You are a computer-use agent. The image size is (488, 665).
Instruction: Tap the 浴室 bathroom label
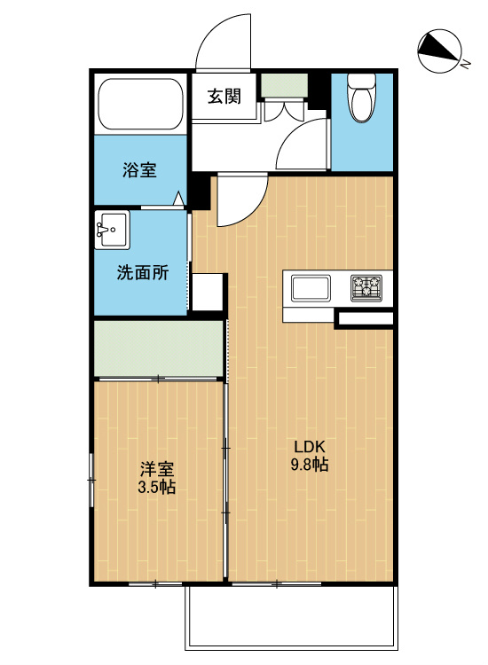point(139,169)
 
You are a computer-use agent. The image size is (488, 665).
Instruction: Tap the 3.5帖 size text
point(155,487)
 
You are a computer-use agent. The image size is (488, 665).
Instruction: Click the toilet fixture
point(361,98)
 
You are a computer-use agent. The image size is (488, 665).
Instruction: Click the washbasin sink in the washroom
point(112,230)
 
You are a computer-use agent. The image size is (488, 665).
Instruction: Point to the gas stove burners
point(368,287)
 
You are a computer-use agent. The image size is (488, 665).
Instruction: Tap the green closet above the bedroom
point(158,348)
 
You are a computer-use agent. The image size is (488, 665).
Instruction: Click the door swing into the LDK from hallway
point(238,199)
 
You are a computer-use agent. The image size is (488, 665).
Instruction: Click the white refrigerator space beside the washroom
point(208,292)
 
